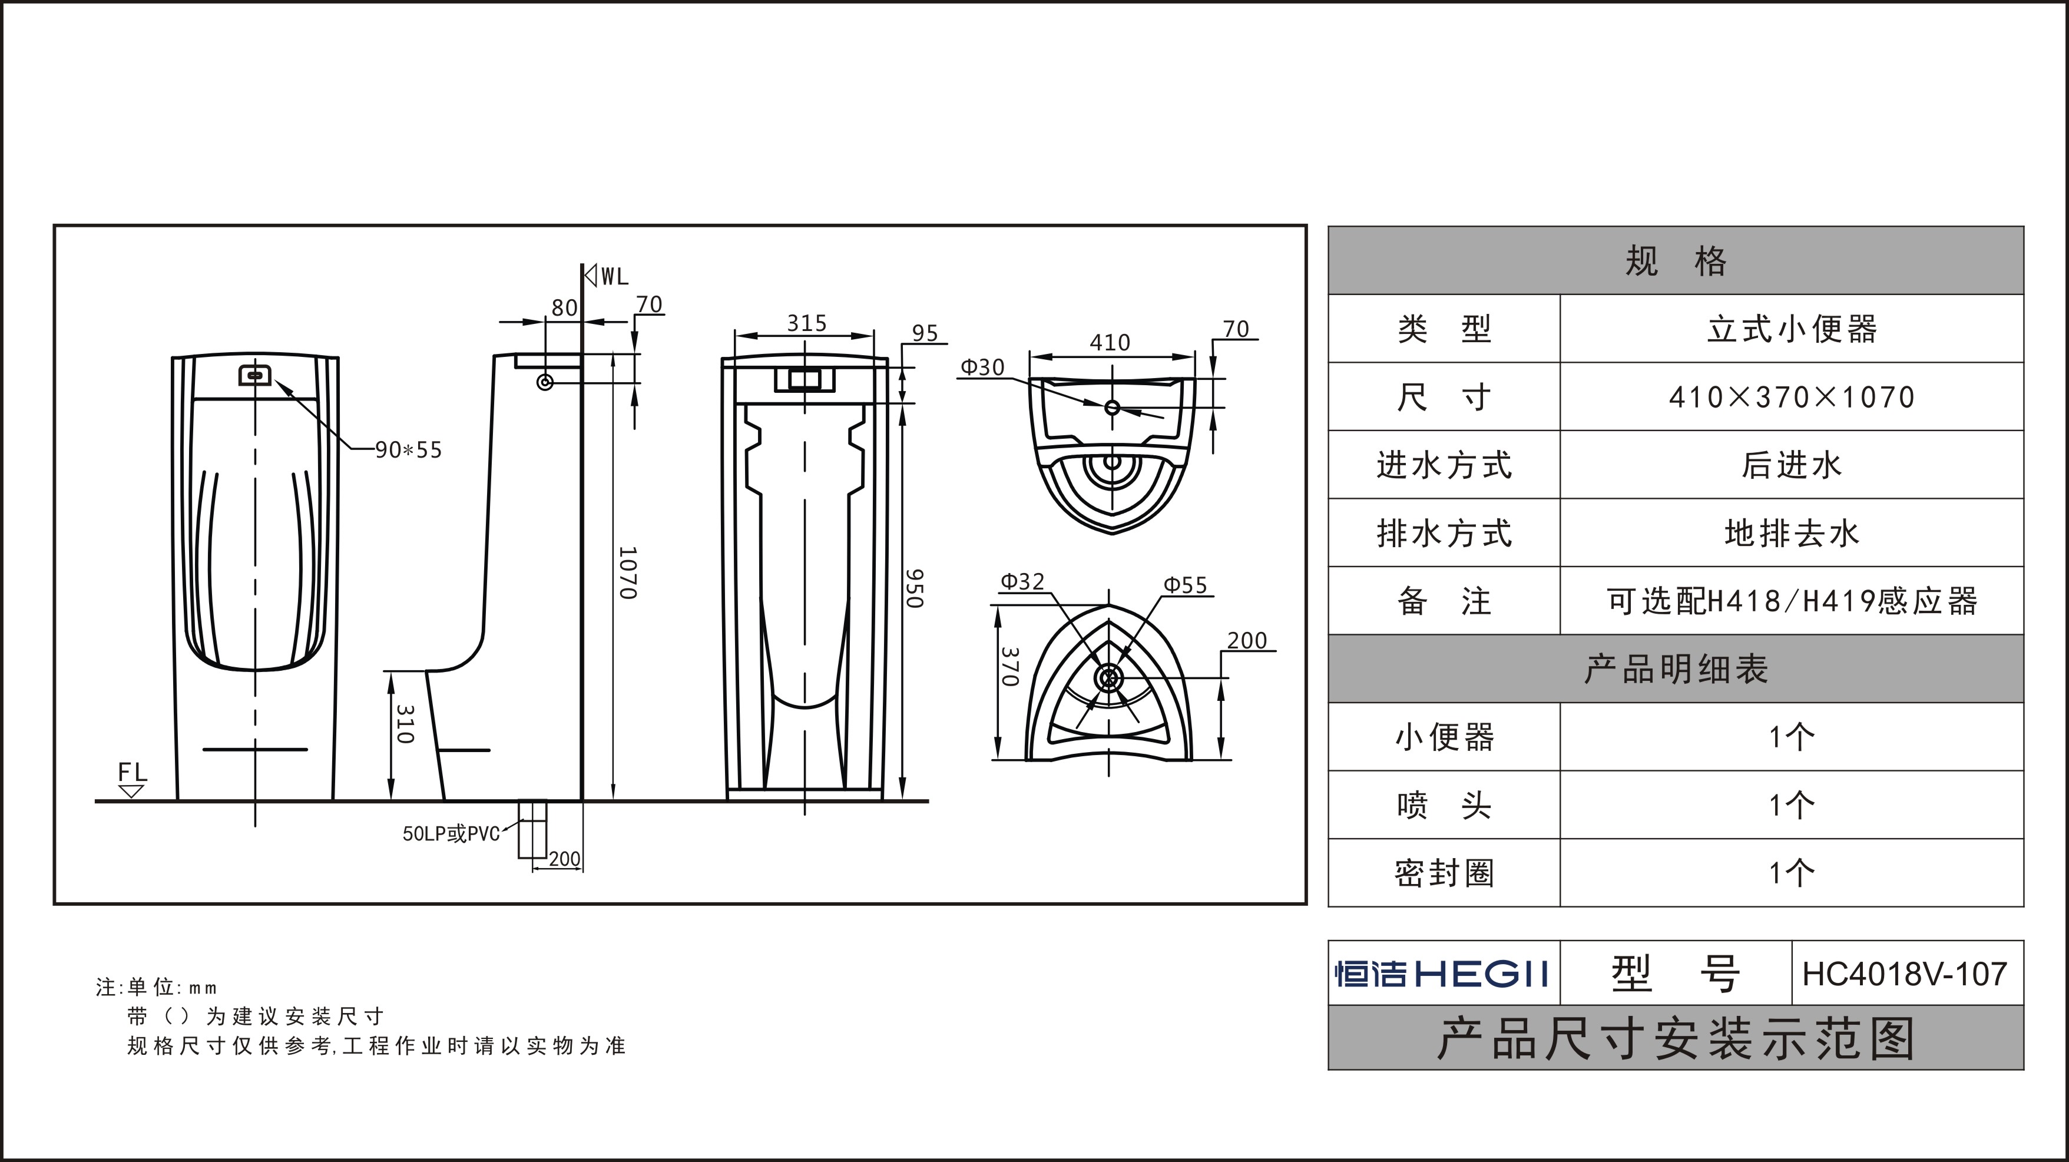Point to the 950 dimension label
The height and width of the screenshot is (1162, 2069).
pyautogui.click(x=915, y=588)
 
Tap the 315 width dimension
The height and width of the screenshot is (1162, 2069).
pyautogui.click(x=806, y=323)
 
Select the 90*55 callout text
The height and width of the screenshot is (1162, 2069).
pyautogui.click(x=409, y=450)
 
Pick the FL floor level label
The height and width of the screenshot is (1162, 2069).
pyautogui.click(x=133, y=773)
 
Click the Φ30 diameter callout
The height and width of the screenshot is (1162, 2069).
pyautogui.click(x=982, y=367)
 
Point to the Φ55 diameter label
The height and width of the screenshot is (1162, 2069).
pyautogui.click(x=1186, y=585)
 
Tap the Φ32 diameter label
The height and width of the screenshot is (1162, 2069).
pyautogui.click(x=1022, y=581)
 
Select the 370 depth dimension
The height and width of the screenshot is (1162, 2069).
pyautogui.click(x=1009, y=667)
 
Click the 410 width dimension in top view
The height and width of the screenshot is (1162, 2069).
pyautogui.click(x=1110, y=343)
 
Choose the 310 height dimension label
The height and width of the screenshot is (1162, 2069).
pyautogui.click(x=405, y=724)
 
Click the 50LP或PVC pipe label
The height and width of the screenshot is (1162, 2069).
pyautogui.click(x=451, y=833)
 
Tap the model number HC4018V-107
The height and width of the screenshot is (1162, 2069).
pyautogui.click(x=1904, y=974)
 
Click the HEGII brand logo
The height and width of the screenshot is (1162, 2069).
pyautogui.click(x=1442, y=974)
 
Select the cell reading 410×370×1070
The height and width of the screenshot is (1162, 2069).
pyautogui.click(x=1791, y=397)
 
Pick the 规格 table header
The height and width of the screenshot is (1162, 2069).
pyautogui.click(x=1676, y=261)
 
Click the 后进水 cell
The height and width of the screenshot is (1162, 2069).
pyautogui.click(x=1791, y=465)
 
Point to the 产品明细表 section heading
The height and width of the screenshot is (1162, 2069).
pyautogui.click(x=1676, y=669)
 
